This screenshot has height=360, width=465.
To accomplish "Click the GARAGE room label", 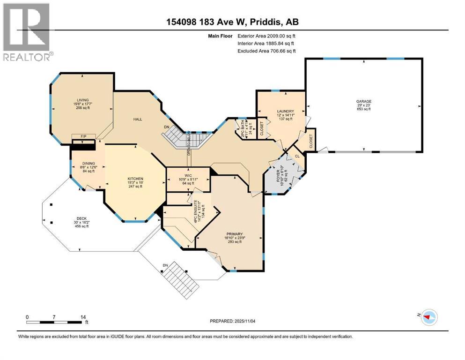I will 363,101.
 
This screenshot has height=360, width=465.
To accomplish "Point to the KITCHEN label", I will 135,179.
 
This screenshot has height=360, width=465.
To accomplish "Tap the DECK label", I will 82,218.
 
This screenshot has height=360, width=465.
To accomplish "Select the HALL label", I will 137,120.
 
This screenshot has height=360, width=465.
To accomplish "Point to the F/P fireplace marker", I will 84,136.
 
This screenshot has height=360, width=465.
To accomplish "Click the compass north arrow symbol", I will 428,317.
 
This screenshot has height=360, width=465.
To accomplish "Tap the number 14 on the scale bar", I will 83,317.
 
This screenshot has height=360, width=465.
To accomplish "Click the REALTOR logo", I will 28,32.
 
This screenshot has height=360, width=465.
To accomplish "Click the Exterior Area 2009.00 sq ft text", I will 266,36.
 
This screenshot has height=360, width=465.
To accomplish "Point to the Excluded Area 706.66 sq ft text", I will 266,51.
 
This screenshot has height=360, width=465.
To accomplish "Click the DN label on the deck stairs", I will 165,266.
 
